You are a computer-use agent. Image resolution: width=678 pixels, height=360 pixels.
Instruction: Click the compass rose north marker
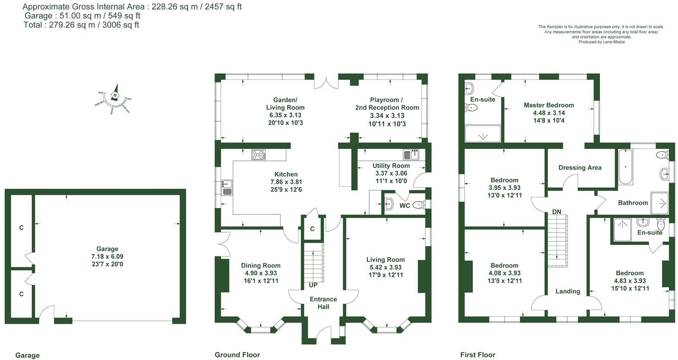coord(115,95)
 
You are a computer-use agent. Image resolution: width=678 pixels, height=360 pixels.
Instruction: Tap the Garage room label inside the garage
coord(107,249)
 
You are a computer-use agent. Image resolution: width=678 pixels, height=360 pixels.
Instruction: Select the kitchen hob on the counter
coord(259,155)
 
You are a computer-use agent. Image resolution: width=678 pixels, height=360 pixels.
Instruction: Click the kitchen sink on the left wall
coord(227,187)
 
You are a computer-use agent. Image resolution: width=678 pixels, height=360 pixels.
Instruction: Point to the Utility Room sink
coord(412,155)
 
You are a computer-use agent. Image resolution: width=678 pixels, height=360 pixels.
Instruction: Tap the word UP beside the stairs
coord(313,285)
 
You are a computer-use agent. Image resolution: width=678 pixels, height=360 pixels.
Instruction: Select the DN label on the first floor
coord(557,212)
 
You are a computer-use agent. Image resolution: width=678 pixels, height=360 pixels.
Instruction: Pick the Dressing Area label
coord(580,167)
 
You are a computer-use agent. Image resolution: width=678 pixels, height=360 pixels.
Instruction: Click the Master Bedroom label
coord(548,105)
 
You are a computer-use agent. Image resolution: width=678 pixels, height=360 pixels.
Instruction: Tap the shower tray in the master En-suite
coord(482,134)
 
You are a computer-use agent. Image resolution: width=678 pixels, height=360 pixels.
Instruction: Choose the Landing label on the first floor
coord(567,291)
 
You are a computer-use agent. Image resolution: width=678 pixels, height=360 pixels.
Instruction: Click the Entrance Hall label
coord(323,303)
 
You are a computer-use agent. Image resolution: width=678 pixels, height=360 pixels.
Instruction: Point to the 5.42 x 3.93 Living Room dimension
coord(385,267)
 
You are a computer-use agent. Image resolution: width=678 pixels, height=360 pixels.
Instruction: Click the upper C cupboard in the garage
coord(21,227)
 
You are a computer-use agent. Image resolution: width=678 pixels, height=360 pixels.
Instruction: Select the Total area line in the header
coord(81,25)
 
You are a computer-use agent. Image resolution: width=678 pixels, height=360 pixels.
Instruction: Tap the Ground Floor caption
coord(237,355)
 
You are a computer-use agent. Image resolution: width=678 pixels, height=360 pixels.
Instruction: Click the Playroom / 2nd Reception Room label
coord(387,104)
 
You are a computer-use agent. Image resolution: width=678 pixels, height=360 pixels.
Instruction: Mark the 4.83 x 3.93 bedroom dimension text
coord(629,281)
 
